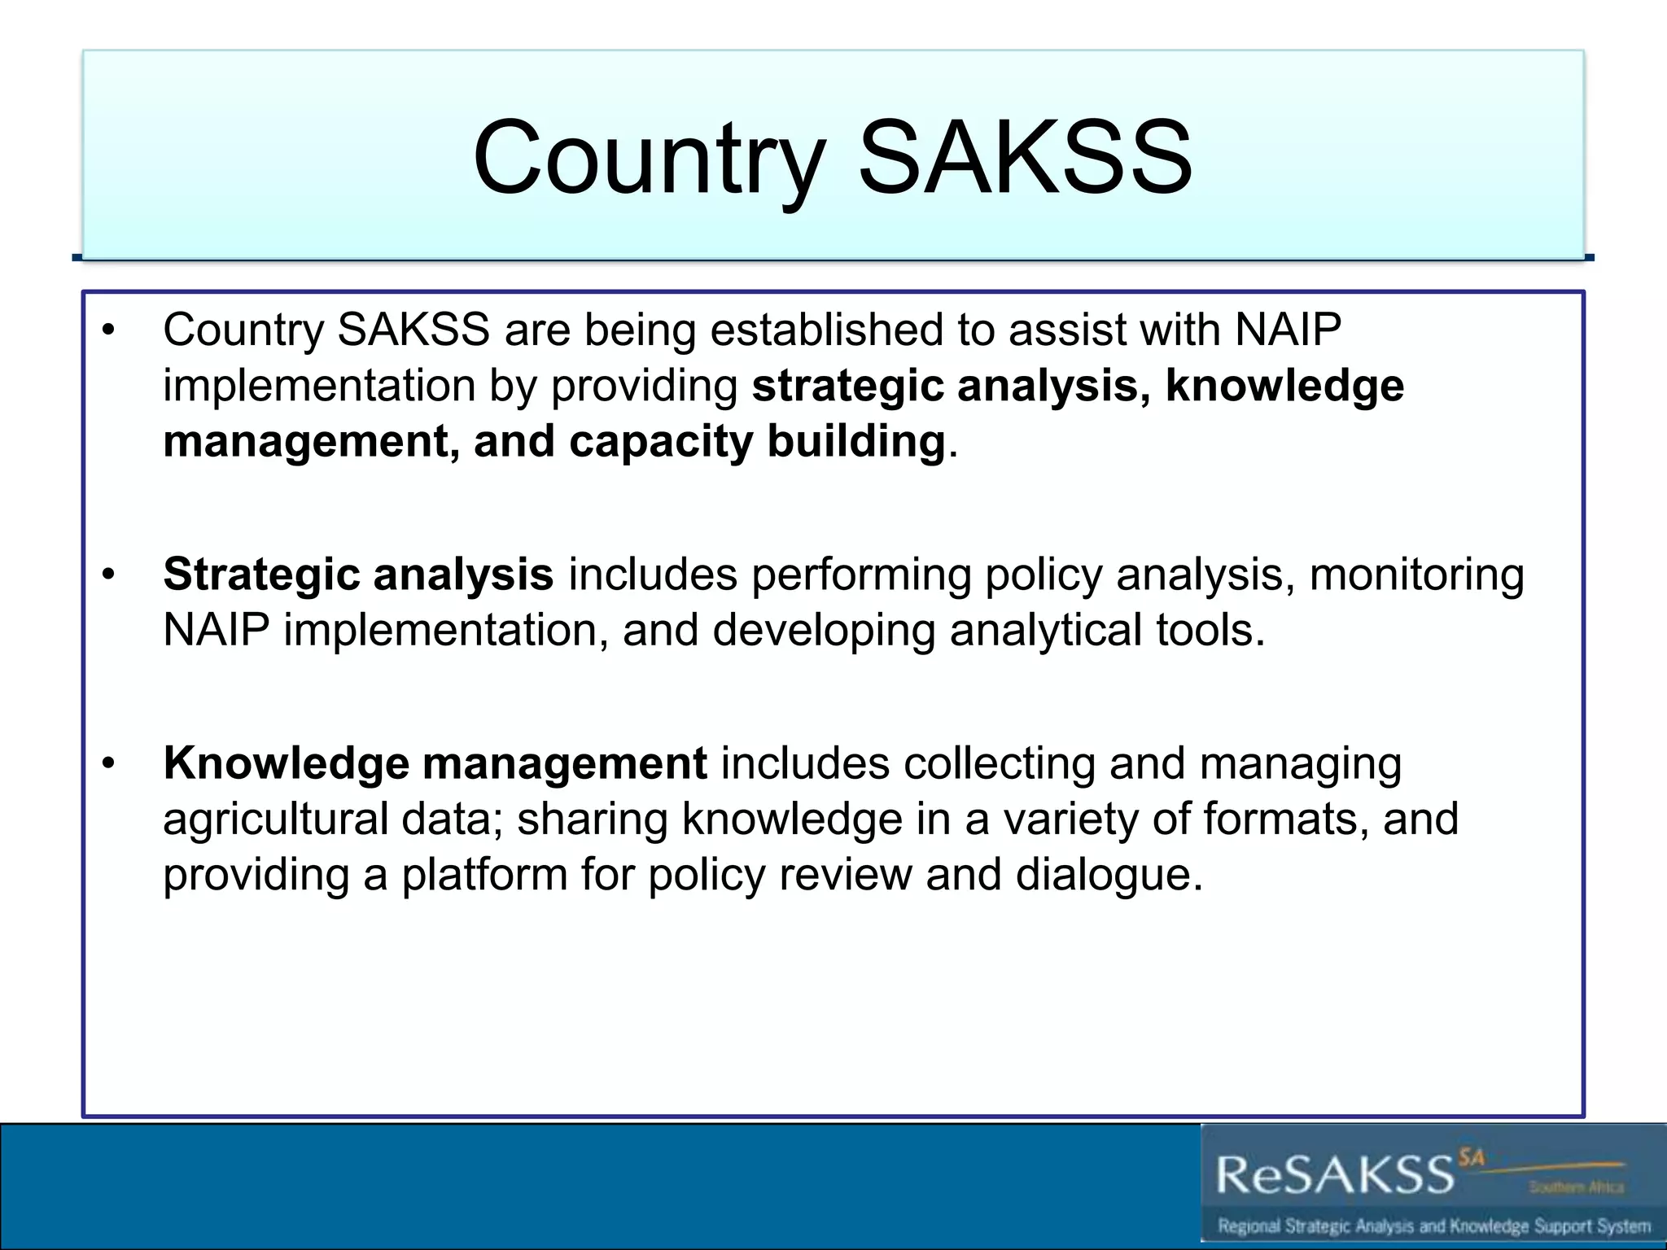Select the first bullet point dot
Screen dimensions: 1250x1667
tap(109, 330)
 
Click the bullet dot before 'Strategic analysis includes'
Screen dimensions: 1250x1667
tap(109, 575)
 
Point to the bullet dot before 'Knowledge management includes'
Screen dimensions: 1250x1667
tap(109, 764)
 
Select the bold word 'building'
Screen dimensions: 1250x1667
tap(855, 442)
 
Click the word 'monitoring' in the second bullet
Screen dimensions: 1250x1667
tap(1416, 575)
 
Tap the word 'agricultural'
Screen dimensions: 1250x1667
tap(275, 819)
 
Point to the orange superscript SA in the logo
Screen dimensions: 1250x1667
tap(1472, 1156)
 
